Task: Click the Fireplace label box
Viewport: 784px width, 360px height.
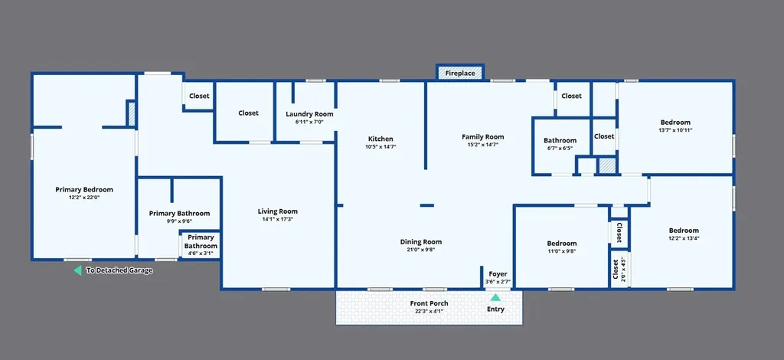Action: point(460,73)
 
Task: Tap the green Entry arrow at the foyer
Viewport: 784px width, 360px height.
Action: point(495,297)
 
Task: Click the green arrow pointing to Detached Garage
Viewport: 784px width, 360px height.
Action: point(77,270)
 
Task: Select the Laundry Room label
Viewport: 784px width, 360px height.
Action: point(309,114)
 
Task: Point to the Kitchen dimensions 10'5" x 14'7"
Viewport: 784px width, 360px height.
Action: point(381,147)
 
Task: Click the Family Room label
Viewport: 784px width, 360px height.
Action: point(483,136)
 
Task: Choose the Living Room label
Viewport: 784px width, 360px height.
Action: point(277,211)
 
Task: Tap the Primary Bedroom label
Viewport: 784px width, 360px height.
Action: point(84,189)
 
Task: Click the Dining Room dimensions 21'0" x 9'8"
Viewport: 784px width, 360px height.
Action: point(421,250)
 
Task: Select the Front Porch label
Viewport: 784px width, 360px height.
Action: point(429,303)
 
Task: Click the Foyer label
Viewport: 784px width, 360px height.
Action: point(498,274)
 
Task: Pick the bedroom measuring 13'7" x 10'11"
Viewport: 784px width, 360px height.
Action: point(675,126)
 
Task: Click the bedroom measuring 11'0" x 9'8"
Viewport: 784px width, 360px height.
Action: point(561,247)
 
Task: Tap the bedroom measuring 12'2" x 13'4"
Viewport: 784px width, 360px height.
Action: point(684,234)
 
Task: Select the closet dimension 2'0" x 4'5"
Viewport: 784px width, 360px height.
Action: point(622,270)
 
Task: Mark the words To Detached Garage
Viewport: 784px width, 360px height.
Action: point(119,271)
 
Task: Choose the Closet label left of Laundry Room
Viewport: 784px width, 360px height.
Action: point(249,113)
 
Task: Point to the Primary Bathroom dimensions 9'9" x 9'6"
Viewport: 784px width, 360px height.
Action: point(179,221)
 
